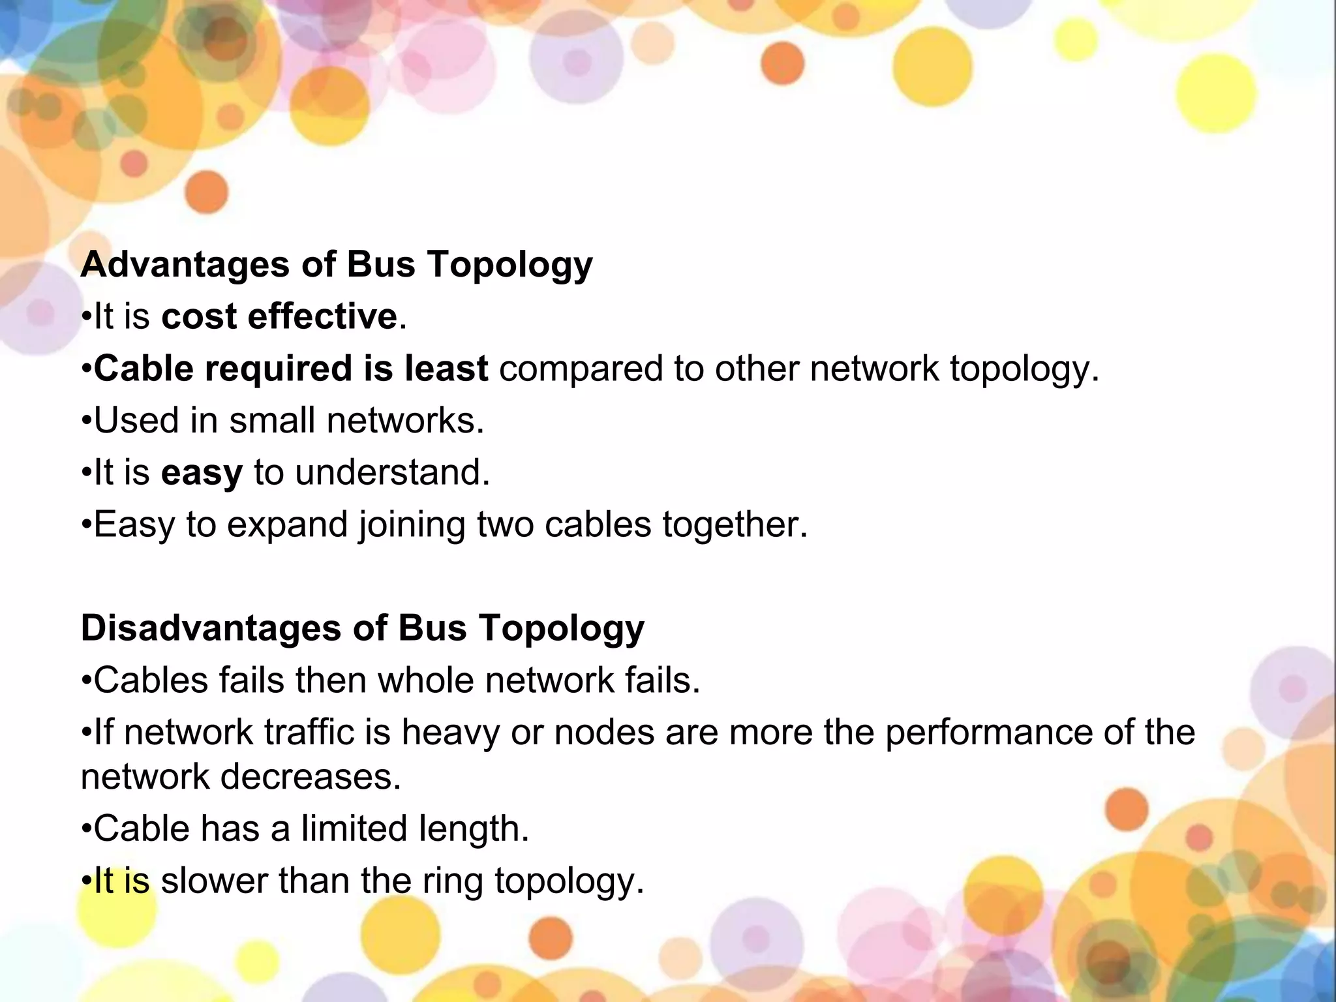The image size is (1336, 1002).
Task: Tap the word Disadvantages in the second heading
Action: point(211,628)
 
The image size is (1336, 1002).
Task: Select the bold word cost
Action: point(199,317)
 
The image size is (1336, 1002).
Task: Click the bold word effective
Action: point(322,317)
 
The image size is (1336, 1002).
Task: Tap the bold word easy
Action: point(202,474)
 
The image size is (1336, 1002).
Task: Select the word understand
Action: point(392,472)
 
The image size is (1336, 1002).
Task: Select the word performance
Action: point(988,732)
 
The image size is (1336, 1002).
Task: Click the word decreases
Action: point(311,777)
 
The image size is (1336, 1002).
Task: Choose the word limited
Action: point(354,828)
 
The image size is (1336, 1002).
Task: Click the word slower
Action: point(214,881)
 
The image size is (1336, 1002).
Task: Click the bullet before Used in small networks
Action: point(87,421)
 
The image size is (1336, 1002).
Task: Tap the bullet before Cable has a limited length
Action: point(87,830)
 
